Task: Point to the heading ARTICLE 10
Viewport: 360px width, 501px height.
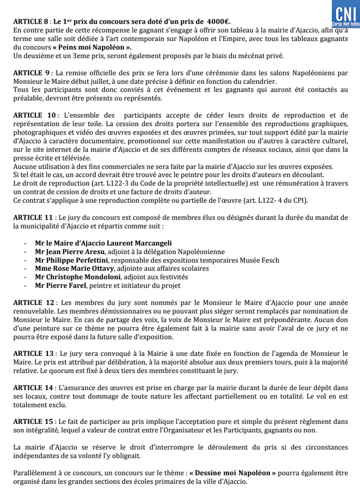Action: point(34,115)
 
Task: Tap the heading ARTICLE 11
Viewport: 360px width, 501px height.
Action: point(34,217)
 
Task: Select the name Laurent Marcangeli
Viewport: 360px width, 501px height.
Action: point(138,243)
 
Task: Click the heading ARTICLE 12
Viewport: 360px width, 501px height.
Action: point(34,303)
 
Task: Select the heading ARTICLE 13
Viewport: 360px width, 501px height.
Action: point(34,354)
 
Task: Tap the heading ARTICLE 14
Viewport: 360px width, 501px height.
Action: point(34,388)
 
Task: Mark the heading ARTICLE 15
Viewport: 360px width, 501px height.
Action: point(34,422)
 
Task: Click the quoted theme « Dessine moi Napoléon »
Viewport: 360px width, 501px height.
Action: point(232,473)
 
